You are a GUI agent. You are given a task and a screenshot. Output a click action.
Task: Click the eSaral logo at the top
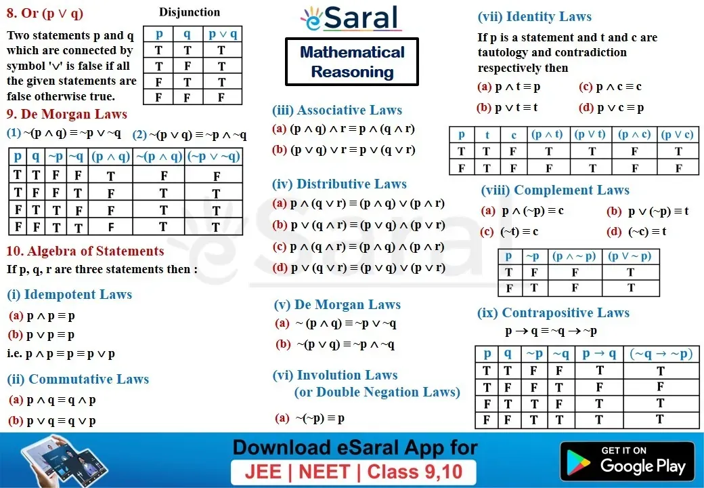(x=350, y=18)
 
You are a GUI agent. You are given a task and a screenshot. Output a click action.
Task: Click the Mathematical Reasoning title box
(x=352, y=62)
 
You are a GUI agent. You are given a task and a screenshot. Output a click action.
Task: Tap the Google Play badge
(x=627, y=461)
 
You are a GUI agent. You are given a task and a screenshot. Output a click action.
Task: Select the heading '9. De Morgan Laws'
(x=67, y=114)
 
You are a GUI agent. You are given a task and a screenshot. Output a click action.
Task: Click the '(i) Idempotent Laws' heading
(x=70, y=294)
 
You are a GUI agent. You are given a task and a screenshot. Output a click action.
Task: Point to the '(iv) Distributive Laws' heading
(x=339, y=184)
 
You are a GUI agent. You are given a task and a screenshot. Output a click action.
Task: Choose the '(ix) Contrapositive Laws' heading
(x=553, y=312)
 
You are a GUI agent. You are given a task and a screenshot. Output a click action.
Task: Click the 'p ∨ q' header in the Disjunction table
(x=223, y=34)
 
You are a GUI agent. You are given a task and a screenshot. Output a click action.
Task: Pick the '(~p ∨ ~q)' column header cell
(x=214, y=157)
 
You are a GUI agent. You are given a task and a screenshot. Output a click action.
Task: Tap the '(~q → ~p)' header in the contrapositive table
(x=661, y=354)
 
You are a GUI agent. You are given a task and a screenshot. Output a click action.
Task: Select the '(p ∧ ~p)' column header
(x=575, y=256)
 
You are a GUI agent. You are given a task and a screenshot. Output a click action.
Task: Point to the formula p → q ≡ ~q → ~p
(x=551, y=331)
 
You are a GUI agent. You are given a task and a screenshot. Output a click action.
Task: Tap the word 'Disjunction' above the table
(x=190, y=12)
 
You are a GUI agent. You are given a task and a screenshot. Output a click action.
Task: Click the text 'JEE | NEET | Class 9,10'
(x=353, y=472)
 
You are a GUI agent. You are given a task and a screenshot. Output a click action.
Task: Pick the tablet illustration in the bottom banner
(x=64, y=460)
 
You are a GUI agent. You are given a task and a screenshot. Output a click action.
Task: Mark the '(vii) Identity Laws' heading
(x=534, y=17)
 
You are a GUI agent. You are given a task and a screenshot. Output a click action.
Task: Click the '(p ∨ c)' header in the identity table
(x=678, y=134)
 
